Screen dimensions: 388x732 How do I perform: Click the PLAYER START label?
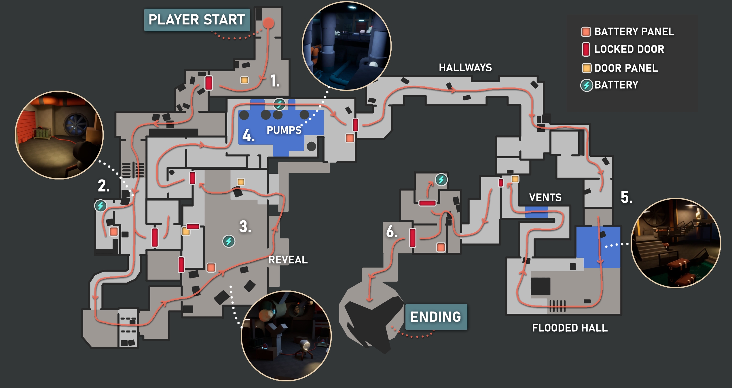pyautogui.click(x=197, y=20)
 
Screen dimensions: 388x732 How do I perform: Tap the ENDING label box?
pyautogui.click(x=436, y=317)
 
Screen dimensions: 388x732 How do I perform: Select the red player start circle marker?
pyautogui.click(x=268, y=23)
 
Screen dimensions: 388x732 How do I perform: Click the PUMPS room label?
pyautogui.click(x=284, y=130)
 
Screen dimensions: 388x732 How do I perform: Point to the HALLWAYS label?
pyautogui.click(x=465, y=68)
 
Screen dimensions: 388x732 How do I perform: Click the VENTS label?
pyautogui.click(x=545, y=197)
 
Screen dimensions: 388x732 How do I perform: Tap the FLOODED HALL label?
pyautogui.click(x=570, y=328)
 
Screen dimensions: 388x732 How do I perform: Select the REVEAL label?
pyautogui.click(x=288, y=260)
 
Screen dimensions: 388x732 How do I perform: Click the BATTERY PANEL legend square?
pyautogui.click(x=586, y=32)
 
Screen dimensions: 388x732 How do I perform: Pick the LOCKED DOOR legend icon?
pyautogui.click(x=586, y=49)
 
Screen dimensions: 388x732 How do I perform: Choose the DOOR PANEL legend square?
pyautogui.click(x=586, y=68)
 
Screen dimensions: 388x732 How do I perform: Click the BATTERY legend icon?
pyautogui.click(x=586, y=85)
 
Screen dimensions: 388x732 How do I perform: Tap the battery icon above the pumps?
pyautogui.click(x=279, y=104)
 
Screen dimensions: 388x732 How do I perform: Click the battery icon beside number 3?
pyautogui.click(x=229, y=241)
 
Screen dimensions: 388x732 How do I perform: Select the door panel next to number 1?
pyautogui.click(x=244, y=80)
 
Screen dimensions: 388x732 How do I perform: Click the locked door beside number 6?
pyautogui.click(x=412, y=238)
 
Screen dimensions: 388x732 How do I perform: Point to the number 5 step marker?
pyautogui.click(x=627, y=197)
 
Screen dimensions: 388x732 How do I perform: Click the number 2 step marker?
pyautogui.click(x=104, y=186)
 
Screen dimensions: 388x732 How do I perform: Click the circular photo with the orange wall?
pyautogui.click(x=59, y=135)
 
